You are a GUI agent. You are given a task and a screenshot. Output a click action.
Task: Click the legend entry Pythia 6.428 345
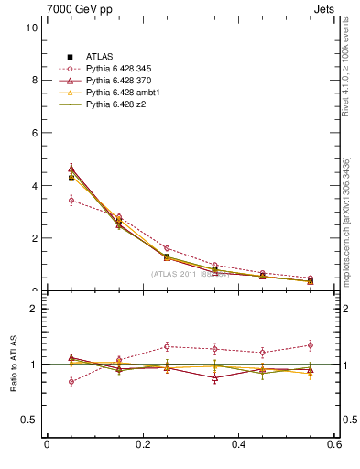pos(122,69)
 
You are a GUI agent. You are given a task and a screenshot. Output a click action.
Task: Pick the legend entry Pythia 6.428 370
pos(122,81)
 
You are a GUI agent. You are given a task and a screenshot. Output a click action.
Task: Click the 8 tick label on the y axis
pos(34,80)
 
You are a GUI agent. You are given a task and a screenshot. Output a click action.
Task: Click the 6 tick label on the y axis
pos(34,133)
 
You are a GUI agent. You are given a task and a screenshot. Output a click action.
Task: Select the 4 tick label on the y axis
pos(34,186)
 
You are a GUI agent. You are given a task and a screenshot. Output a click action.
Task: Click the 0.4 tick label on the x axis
pos(239,444)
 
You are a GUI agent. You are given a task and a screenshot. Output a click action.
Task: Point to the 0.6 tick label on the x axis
pos(335,444)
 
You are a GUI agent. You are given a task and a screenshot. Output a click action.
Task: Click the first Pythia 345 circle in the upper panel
pos(71,200)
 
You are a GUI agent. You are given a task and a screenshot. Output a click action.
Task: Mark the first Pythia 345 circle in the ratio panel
pos(71,381)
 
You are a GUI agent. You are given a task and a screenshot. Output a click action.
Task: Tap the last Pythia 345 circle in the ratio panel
pos(311,345)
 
